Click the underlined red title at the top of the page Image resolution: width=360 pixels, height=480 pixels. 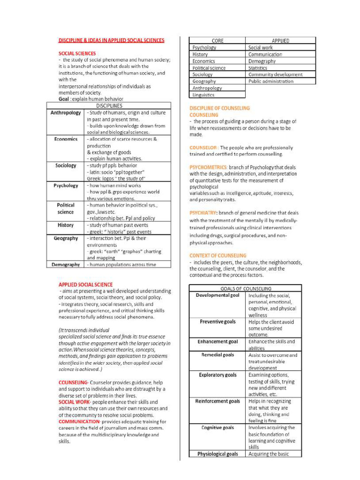(111, 41)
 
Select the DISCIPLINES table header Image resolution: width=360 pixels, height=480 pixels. (109, 106)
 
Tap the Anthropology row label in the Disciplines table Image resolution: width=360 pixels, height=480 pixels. (66, 113)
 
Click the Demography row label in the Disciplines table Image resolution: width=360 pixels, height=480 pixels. (66, 265)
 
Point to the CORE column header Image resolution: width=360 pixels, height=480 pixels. (217, 41)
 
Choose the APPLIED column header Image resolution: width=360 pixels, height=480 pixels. (280, 41)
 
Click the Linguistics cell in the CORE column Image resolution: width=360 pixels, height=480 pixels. (203, 95)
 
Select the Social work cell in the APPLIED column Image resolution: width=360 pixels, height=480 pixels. (260, 48)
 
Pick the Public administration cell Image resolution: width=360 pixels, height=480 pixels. (270, 81)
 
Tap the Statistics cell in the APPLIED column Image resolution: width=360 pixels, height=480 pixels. (257, 68)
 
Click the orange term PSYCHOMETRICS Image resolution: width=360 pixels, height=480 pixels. (209, 167)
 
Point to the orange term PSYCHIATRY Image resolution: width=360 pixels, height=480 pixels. (203, 213)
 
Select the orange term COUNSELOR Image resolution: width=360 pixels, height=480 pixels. (203, 148)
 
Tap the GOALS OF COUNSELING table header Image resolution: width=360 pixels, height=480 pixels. (246, 288)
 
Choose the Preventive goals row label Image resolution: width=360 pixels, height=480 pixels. (217, 322)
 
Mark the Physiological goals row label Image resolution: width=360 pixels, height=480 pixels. (217, 454)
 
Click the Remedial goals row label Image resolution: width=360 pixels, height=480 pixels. (217, 355)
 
